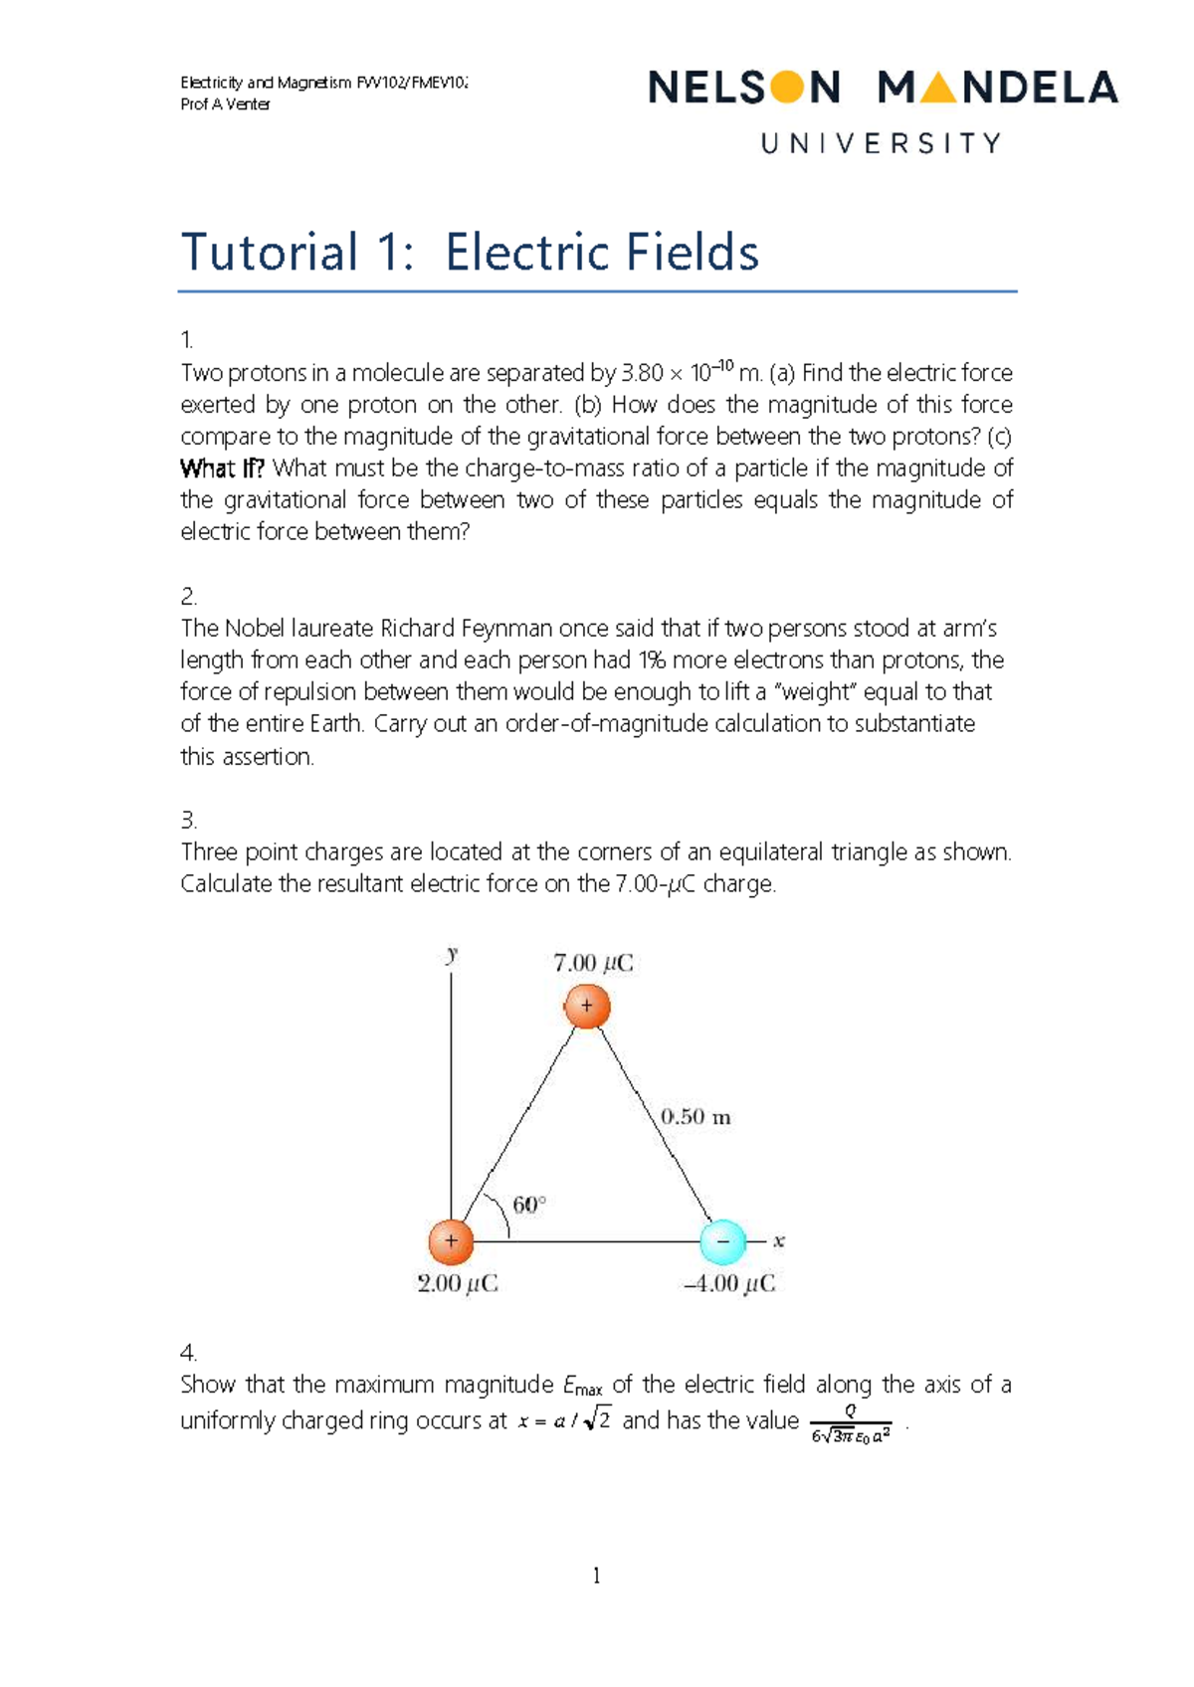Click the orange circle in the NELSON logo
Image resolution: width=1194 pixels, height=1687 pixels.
click(x=786, y=88)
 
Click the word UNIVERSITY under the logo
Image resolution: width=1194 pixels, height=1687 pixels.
click(x=881, y=144)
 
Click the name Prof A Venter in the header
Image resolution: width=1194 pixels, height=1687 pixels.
click(x=225, y=104)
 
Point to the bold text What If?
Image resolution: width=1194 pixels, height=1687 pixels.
click(x=222, y=469)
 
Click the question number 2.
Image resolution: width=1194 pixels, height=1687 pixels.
click(x=188, y=597)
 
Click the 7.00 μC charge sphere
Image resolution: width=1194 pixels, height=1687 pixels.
click(x=587, y=1006)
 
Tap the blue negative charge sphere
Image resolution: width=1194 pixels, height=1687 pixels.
click(x=723, y=1241)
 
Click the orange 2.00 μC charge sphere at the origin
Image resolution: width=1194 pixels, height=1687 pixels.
click(x=451, y=1241)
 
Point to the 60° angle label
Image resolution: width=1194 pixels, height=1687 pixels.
click(x=529, y=1205)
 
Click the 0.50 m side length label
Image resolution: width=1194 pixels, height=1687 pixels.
click(x=696, y=1117)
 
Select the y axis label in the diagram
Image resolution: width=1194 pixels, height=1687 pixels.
click(x=452, y=955)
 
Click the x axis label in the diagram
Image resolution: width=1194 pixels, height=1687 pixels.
click(x=779, y=1240)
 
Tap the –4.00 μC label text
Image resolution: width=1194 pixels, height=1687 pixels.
click(x=729, y=1284)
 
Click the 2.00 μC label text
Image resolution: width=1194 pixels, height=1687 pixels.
click(x=458, y=1284)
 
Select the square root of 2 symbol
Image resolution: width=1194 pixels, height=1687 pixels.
click(x=598, y=1420)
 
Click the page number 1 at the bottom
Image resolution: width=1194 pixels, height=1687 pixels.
click(x=596, y=1576)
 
